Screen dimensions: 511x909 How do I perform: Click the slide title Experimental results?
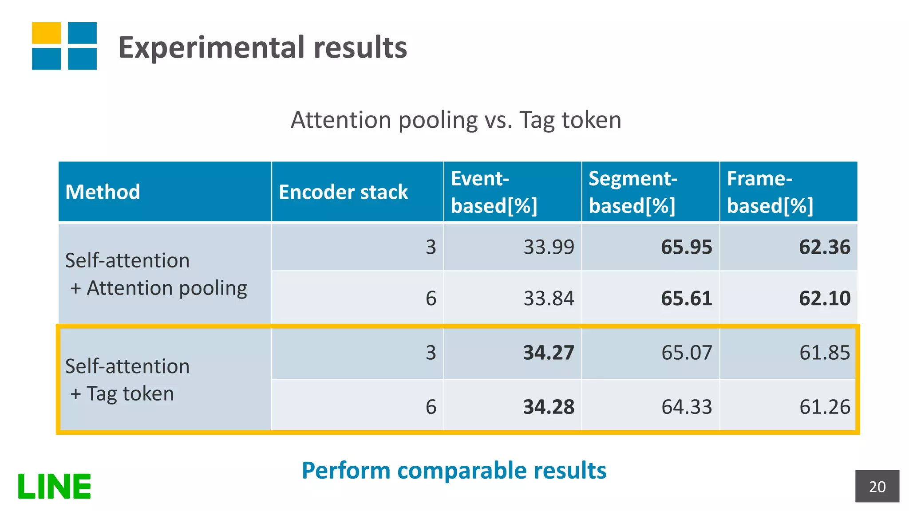[262, 47]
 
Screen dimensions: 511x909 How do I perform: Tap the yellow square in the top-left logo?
[46, 33]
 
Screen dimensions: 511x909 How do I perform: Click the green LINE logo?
[54, 486]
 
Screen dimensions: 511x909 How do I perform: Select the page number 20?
[877, 487]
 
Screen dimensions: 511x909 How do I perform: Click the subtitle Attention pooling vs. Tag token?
[456, 120]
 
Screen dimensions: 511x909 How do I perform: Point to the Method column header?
[103, 192]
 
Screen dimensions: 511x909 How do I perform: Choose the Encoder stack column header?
[343, 192]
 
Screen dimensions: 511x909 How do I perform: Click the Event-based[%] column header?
[494, 192]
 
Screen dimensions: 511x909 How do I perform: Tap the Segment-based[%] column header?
[632, 192]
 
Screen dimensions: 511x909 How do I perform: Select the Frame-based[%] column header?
[770, 192]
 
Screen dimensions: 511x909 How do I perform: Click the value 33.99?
[549, 247]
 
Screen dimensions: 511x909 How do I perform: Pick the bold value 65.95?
[686, 247]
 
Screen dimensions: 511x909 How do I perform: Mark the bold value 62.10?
[824, 298]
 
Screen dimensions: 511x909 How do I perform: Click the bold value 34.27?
[549, 353]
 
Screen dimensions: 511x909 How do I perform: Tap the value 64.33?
[686, 407]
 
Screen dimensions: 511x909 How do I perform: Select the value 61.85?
[824, 353]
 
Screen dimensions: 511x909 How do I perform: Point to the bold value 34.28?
[549, 407]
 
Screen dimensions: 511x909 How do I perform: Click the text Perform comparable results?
[454, 470]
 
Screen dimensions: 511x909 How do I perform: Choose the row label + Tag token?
[122, 393]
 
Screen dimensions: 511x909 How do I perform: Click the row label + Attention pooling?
[158, 288]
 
